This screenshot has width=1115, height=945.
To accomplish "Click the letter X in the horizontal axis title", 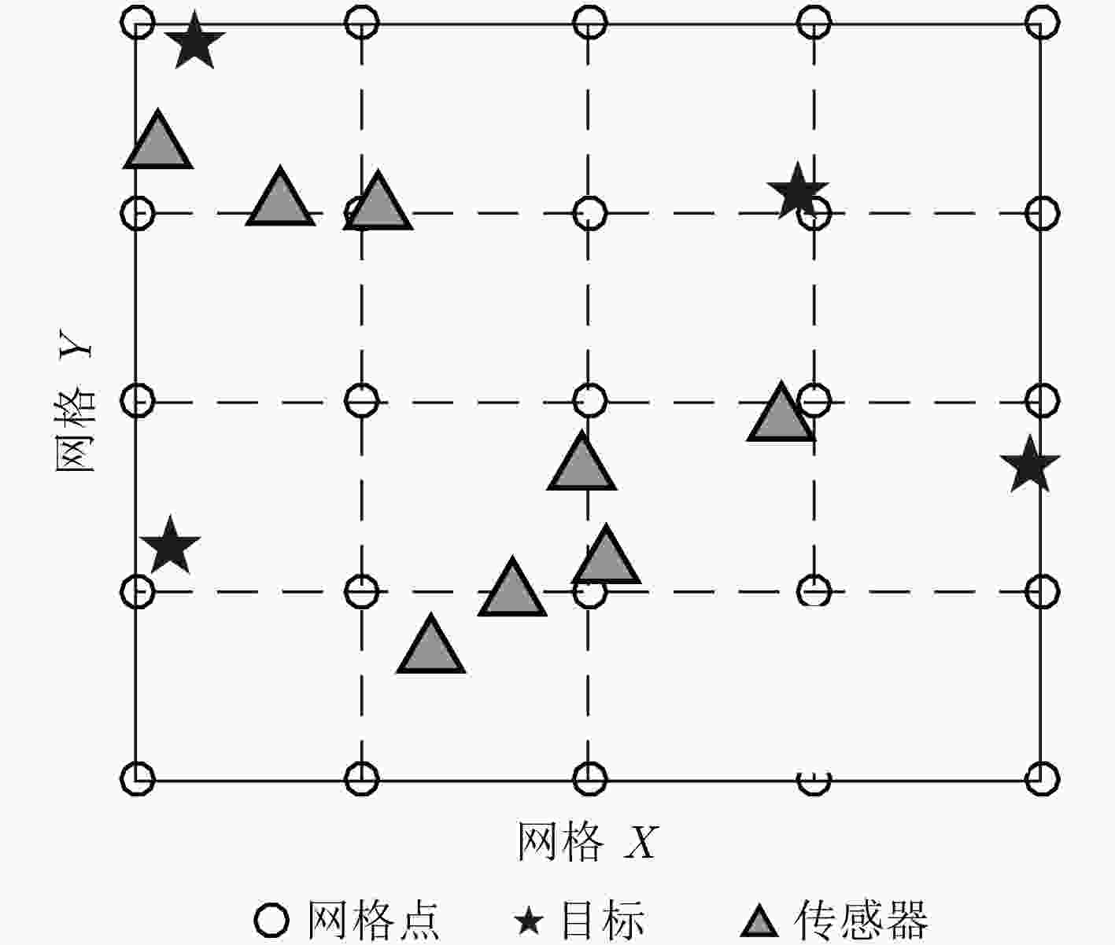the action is [641, 843].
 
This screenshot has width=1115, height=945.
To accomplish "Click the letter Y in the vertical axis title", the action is [76, 344].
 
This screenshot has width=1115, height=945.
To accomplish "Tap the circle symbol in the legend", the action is [272, 920].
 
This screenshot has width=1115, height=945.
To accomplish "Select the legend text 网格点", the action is [373, 920].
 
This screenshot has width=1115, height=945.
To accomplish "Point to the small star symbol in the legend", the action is [529, 921].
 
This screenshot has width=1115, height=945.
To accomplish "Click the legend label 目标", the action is [603, 920].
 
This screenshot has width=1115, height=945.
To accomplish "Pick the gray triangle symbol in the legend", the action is [759, 921].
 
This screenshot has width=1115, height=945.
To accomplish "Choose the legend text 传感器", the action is [861, 920].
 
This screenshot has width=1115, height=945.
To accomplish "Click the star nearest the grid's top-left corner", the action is [194, 41].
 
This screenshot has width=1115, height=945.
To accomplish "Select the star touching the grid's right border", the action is [1030, 465].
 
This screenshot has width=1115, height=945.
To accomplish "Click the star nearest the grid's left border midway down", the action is [170, 546].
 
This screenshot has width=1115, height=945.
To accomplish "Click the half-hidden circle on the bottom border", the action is [814, 781].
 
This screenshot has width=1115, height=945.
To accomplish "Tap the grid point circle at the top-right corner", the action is [1042, 22].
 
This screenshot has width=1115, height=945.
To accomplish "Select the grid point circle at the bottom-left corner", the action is [138, 778].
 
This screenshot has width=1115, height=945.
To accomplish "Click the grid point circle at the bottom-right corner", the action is [1042, 778].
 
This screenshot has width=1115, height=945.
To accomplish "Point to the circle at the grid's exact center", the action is [590, 400].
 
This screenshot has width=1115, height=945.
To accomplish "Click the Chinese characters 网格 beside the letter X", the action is [559, 842].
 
